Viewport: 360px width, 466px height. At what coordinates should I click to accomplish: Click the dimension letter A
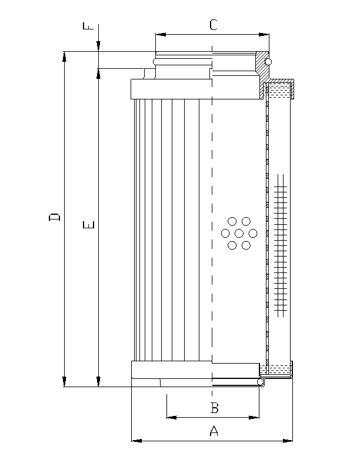(x=214, y=431)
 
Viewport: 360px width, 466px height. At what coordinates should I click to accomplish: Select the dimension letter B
(x=215, y=407)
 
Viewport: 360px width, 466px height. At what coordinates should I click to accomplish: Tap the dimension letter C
(x=214, y=25)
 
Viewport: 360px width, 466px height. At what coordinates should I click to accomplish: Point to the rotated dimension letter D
(x=54, y=217)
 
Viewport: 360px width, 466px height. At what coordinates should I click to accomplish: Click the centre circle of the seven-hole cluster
(x=239, y=234)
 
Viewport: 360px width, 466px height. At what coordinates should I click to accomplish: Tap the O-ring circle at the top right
(x=268, y=62)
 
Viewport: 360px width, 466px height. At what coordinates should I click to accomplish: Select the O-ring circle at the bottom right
(x=261, y=382)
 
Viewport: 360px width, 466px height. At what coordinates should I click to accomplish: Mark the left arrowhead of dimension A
(x=135, y=440)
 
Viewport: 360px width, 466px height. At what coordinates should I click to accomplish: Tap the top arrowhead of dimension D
(x=64, y=56)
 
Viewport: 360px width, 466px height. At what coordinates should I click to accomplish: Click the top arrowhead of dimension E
(x=99, y=73)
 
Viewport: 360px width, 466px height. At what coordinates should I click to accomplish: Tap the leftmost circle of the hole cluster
(x=225, y=234)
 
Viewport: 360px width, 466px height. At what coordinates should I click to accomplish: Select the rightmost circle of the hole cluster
(x=254, y=234)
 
